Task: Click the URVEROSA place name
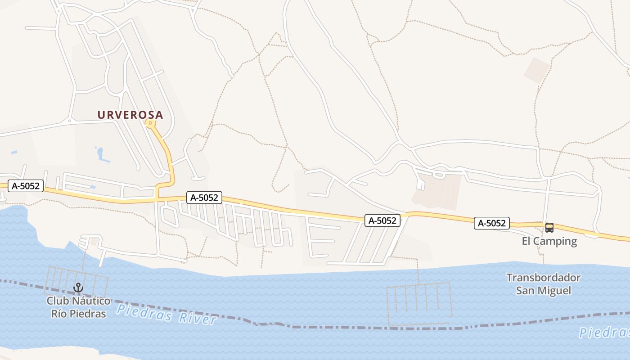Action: click(130, 115)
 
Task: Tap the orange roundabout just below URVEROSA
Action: click(150, 123)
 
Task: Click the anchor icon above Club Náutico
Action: click(79, 288)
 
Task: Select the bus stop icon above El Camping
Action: click(549, 228)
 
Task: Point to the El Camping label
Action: click(549, 241)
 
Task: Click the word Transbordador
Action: click(543, 278)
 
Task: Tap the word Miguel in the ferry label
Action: click(554, 291)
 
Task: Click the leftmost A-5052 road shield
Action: click(26, 186)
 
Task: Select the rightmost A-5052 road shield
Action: click(491, 223)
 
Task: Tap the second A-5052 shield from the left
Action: click(204, 198)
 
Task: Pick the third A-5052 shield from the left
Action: click(382, 220)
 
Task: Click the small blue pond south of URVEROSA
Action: click(102, 154)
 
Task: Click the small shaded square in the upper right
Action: click(536, 70)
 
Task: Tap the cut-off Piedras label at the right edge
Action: click(604, 333)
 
